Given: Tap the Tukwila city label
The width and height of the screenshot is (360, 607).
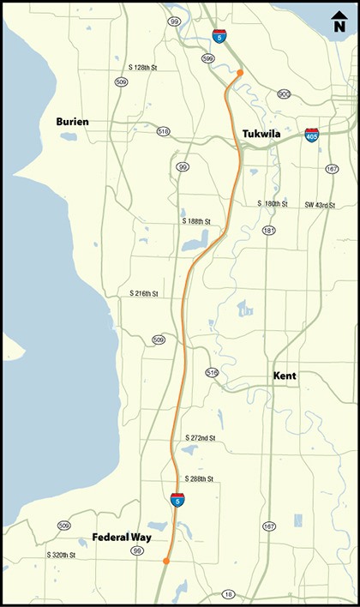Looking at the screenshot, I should click(x=263, y=133).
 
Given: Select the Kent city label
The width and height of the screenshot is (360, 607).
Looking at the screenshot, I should click(x=285, y=376).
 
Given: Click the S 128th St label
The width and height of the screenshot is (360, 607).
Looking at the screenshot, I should click(x=143, y=66).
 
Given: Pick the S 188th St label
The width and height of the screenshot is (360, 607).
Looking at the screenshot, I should click(x=196, y=220).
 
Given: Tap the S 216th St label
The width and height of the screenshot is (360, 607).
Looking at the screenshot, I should click(x=145, y=293).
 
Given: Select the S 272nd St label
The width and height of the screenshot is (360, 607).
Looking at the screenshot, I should click(x=199, y=438).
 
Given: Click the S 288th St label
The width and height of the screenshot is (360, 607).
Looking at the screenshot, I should click(x=199, y=478).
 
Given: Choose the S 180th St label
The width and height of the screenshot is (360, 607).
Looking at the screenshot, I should click(x=273, y=204).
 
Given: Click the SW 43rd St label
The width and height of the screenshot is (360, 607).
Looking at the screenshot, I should click(x=318, y=204).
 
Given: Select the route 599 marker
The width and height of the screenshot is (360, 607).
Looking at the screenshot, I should click(x=207, y=58).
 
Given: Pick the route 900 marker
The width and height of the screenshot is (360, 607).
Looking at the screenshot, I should click(x=283, y=93).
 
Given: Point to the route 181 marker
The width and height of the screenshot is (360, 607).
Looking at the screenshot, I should click(x=269, y=231).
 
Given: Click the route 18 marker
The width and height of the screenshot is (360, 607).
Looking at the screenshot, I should click(x=227, y=594).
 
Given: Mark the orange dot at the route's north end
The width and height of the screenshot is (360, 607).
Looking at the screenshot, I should click(x=240, y=74).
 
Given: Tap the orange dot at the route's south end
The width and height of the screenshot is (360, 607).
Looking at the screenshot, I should click(x=165, y=562).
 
